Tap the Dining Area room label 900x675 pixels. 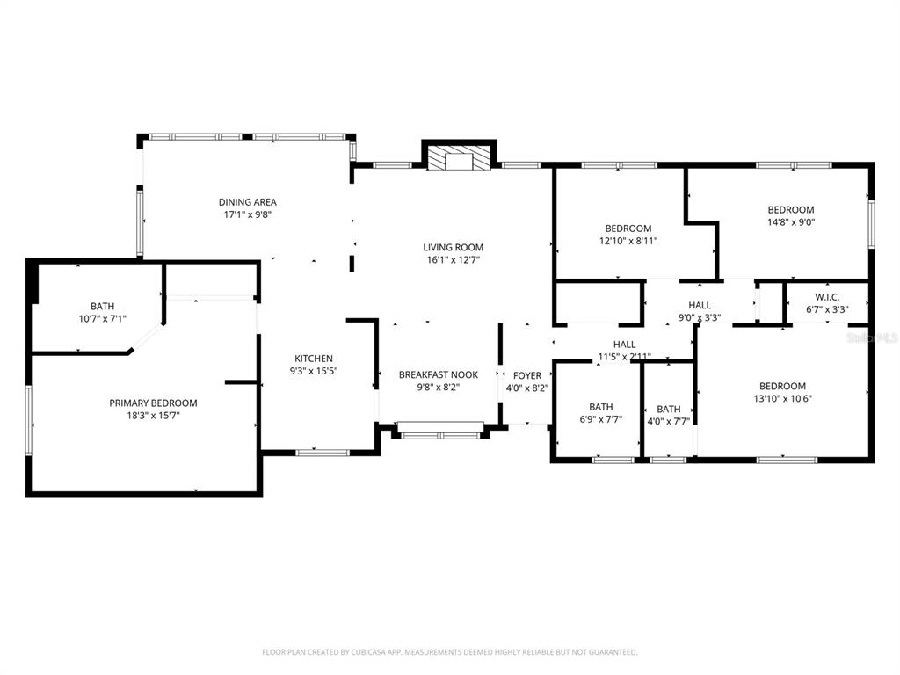click(x=248, y=202)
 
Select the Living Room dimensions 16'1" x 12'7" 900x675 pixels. click(x=454, y=259)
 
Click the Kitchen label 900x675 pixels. click(x=314, y=359)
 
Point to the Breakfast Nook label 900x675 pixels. click(x=439, y=374)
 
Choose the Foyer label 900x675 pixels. click(x=527, y=375)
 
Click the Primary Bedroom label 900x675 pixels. click(x=153, y=403)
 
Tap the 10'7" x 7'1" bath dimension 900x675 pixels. click(x=102, y=319)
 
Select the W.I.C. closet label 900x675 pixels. click(x=827, y=297)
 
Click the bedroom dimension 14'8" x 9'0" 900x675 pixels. click(x=790, y=222)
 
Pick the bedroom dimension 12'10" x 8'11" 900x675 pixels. click(x=628, y=241)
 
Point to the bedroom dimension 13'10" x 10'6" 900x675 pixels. click(x=781, y=398)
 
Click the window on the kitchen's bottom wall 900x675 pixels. click(x=323, y=453)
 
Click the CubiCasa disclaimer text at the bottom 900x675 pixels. click(x=449, y=652)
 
